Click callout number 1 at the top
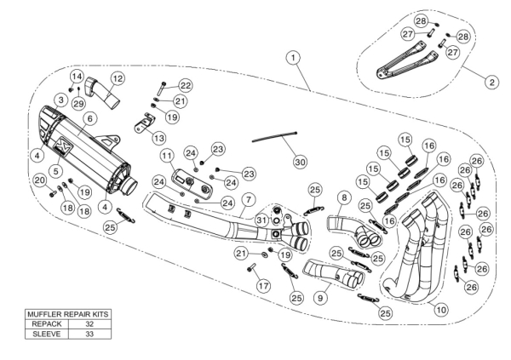pyautogui.click(x=293, y=58)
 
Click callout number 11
pyautogui.click(x=168, y=156)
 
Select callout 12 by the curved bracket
pyautogui.click(x=118, y=78)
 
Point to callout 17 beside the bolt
pyautogui.click(x=262, y=286)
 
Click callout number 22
pyautogui.click(x=185, y=86)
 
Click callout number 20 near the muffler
pyautogui.click(x=39, y=180)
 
